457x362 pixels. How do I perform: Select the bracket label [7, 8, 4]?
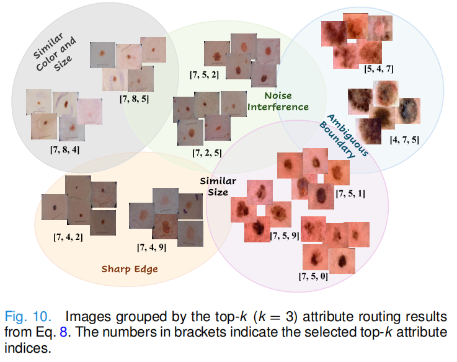pos(64,149)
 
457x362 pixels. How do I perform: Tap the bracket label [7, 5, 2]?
pos(205,75)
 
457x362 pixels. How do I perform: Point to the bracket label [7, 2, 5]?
pos(207,152)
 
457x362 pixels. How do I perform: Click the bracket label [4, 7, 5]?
pos(404,140)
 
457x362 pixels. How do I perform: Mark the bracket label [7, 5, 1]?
pos(350,194)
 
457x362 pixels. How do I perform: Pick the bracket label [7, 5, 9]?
pos(285,236)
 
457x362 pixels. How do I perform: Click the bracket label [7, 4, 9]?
pos(151,247)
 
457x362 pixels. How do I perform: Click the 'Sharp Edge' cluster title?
pos(130,269)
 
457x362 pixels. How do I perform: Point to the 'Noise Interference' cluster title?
pos(278,101)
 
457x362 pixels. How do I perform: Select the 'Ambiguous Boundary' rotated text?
pos(339,135)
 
